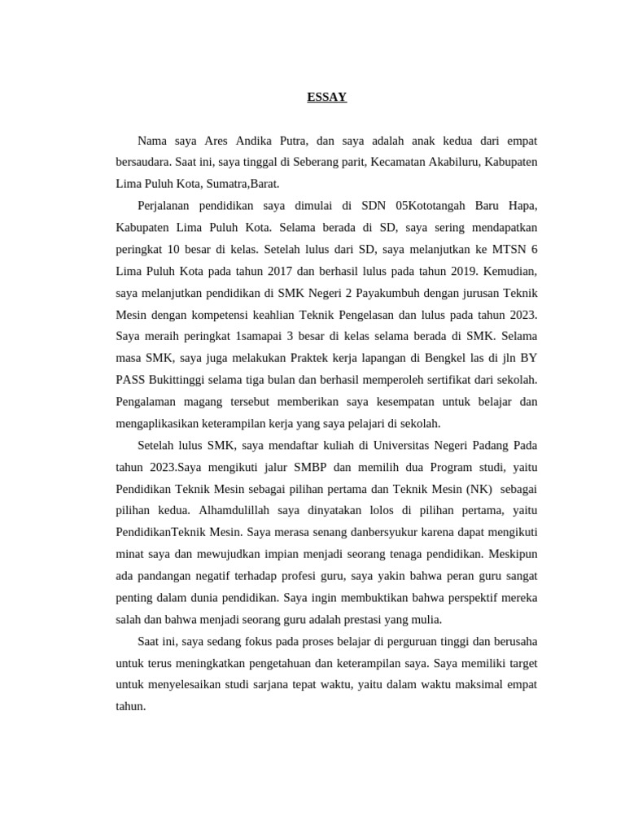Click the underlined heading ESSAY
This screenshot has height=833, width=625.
click(x=326, y=98)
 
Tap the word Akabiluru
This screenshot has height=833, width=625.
click(x=452, y=163)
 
